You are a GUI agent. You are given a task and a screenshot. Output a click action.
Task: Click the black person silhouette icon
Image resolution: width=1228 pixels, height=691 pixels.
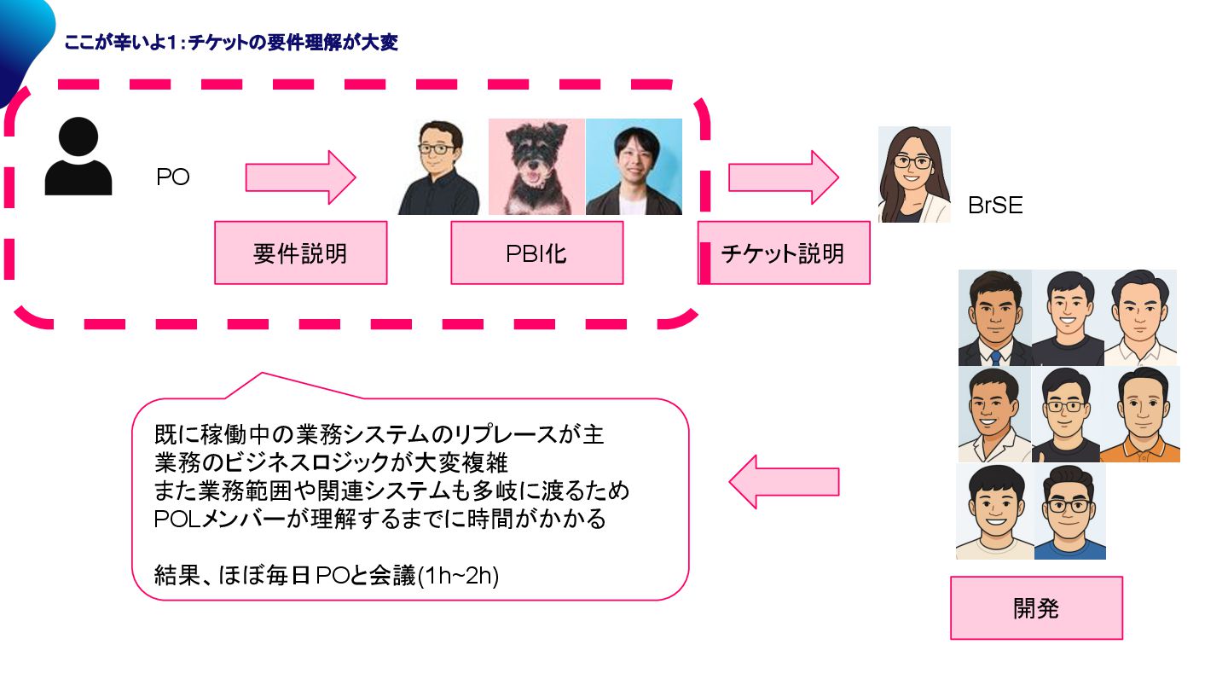(78, 157)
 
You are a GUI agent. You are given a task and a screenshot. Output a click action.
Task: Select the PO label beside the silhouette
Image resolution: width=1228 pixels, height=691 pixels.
(172, 177)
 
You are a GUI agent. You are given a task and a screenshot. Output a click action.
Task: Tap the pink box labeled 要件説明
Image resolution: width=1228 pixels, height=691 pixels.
(300, 253)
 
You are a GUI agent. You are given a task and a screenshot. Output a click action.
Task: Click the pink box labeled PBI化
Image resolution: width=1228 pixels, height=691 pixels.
(536, 253)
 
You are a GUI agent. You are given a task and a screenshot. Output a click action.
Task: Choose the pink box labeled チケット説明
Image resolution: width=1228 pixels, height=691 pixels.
(783, 253)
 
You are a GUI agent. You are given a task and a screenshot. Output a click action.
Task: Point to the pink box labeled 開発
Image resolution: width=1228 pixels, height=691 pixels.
(1036, 608)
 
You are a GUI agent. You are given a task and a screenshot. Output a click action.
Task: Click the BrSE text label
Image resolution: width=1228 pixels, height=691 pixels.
(995, 205)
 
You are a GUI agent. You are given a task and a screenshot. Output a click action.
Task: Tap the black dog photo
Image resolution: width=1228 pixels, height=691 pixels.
(536, 167)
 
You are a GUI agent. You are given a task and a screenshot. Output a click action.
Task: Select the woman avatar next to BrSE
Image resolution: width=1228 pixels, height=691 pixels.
(914, 175)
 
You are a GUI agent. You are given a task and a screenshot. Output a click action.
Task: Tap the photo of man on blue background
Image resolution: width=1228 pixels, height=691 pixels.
(634, 167)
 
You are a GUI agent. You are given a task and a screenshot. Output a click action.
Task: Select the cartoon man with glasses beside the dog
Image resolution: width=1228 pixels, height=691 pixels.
(439, 167)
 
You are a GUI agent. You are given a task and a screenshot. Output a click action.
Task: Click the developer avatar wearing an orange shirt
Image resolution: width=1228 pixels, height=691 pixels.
(1140, 415)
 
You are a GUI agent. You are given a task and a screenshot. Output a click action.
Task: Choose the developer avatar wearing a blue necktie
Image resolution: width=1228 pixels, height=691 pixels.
(994, 318)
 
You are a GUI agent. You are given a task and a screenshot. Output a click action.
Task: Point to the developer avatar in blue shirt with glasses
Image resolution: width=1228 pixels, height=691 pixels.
(1069, 512)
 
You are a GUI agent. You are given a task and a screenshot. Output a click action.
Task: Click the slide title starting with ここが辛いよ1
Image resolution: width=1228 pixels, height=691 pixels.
(231, 43)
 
